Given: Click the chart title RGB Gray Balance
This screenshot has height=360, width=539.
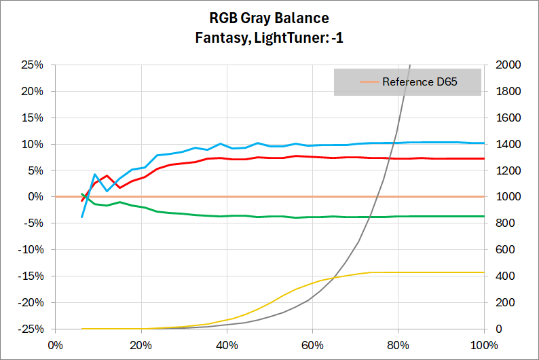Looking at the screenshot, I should (269, 18).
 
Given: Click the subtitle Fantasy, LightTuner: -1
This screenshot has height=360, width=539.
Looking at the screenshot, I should (269, 38).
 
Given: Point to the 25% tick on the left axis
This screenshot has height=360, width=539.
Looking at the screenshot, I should (32, 65).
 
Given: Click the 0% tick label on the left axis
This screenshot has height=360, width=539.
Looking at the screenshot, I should (35, 197).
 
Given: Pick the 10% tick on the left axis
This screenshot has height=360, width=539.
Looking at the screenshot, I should (32, 144).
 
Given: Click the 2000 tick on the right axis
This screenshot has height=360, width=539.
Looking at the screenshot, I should (505, 65).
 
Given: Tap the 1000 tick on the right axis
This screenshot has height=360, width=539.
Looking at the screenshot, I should (505, 197).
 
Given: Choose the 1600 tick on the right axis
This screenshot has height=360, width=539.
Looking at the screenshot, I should (505, 118).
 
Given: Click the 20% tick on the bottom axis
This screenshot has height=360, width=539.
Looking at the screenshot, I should (141, 343).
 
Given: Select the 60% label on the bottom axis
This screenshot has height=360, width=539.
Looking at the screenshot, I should (312, 343).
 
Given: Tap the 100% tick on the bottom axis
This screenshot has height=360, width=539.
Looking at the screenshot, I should (483, 343).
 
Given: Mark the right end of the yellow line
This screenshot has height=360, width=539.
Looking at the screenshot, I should (483, 272).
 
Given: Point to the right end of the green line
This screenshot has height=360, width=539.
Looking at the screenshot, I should (483, 216).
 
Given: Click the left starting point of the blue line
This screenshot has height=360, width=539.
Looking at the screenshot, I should (82, 217).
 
